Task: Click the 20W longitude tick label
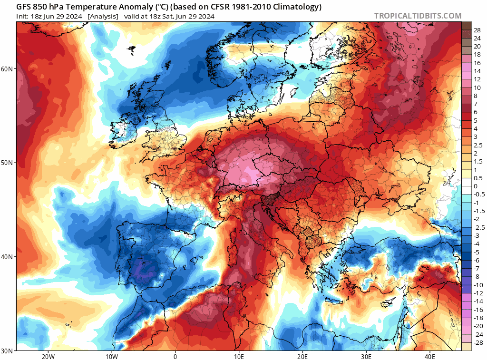click(x=48, y=356)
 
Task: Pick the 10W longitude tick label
click(x=111, y=356)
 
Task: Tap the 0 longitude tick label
click(x=175, y=356)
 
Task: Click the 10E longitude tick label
click(x=239, y=356)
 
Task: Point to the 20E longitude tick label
click(x=302, y=356)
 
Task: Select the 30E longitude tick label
click(x=366, y=356)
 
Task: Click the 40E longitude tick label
click(x=430, y=356)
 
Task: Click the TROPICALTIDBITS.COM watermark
click(x=418, y=16)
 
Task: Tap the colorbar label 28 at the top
click(x=477, y=30)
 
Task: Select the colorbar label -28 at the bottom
click(x=477, y=343)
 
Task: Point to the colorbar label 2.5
click(x=477, y=145)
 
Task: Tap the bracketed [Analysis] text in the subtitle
click(x=103, y=16)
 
